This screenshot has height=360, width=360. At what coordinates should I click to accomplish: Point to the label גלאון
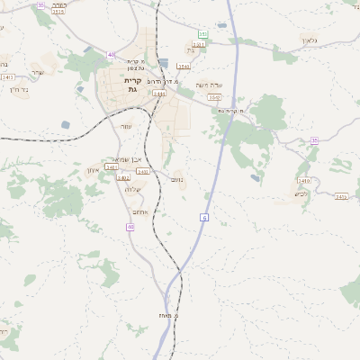coord(333,40)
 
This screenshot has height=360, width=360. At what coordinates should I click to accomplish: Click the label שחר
coord(36,72)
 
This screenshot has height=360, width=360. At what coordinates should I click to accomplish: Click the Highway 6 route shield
coord(204,217)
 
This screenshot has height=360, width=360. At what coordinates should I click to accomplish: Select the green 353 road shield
coord(202,34)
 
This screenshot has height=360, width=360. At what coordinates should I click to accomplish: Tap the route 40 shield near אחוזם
coord(130,228)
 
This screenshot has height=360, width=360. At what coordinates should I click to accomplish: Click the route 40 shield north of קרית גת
coord(111,55)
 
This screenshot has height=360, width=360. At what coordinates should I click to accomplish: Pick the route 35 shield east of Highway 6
coord(314,140)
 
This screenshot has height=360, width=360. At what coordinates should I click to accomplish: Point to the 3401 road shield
coord(111,167)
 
